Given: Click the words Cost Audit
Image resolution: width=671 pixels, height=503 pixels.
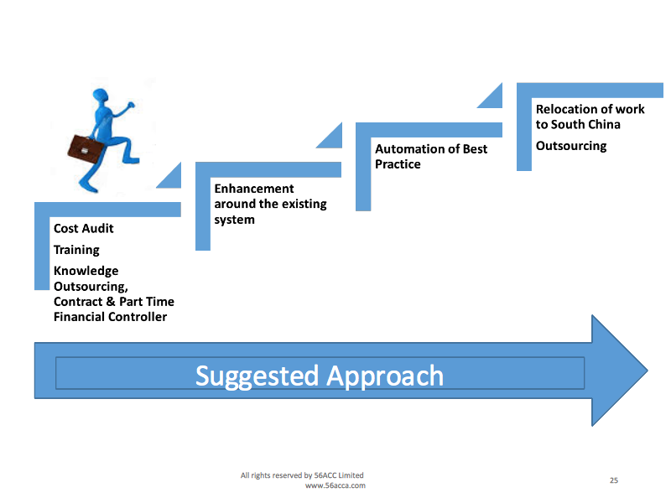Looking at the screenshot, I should (84, 228).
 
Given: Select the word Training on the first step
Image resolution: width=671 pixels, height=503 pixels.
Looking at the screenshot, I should (76, 250).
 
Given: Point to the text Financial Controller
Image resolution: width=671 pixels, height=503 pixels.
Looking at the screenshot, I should (110, 316).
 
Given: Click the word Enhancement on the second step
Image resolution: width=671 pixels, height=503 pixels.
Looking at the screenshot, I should (254, 189).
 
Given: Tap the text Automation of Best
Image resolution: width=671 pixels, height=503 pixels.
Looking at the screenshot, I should (431, 149).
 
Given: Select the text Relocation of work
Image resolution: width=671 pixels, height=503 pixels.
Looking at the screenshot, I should (590, 109).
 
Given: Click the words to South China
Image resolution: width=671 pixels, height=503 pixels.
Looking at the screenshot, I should (579, 124).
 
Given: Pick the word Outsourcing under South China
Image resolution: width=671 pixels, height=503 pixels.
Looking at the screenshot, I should (571, 146).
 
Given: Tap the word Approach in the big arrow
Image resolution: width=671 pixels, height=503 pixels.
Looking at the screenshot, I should (385, 375).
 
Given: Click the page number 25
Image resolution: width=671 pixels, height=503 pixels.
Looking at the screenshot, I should (614, 480).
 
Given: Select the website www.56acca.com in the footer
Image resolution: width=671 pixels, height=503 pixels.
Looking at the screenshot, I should (335, 485).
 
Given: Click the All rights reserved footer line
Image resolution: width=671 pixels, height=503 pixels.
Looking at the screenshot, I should (302, 475).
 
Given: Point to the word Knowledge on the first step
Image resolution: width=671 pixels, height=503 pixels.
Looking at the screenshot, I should (86, 271).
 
